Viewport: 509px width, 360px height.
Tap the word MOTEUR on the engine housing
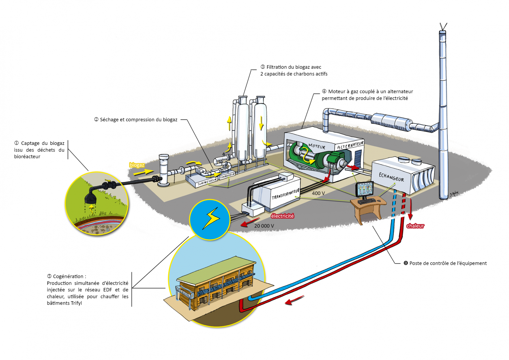[317, 146]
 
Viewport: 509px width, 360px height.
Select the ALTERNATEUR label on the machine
[350, 145]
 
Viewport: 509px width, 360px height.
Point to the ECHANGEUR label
[391, 176]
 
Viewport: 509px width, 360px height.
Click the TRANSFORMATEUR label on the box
[285, 194]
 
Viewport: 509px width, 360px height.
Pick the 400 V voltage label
[318, 193]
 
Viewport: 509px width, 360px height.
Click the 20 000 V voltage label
[264, 226]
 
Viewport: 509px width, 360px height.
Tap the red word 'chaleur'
[415, 226]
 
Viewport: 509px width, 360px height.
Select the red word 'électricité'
[282, 216]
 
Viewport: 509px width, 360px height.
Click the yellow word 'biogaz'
[137, 165]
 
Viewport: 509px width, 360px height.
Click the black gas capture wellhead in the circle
[90, 197]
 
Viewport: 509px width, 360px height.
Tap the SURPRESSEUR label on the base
[207, 181]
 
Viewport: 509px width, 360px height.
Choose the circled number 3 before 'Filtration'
[263, 67]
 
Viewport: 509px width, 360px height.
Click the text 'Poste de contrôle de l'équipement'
[448, 263]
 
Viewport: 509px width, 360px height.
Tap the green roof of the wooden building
[215, 269]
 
